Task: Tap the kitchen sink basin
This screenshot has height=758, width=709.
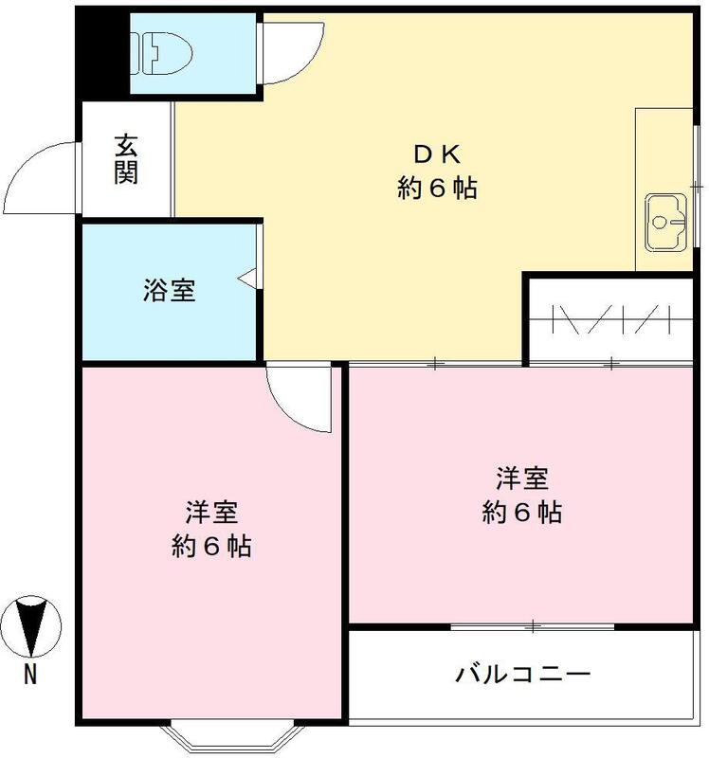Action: pos(665,223)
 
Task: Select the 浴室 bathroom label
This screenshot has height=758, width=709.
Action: pos(170,291)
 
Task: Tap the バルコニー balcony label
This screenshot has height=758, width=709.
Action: pos(523,675)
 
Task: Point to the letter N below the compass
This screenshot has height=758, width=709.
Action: pos(31,675)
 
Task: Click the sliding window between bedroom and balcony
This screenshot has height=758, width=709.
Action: pos(533,626)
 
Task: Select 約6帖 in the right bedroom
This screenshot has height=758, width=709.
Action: pos(521,513)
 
